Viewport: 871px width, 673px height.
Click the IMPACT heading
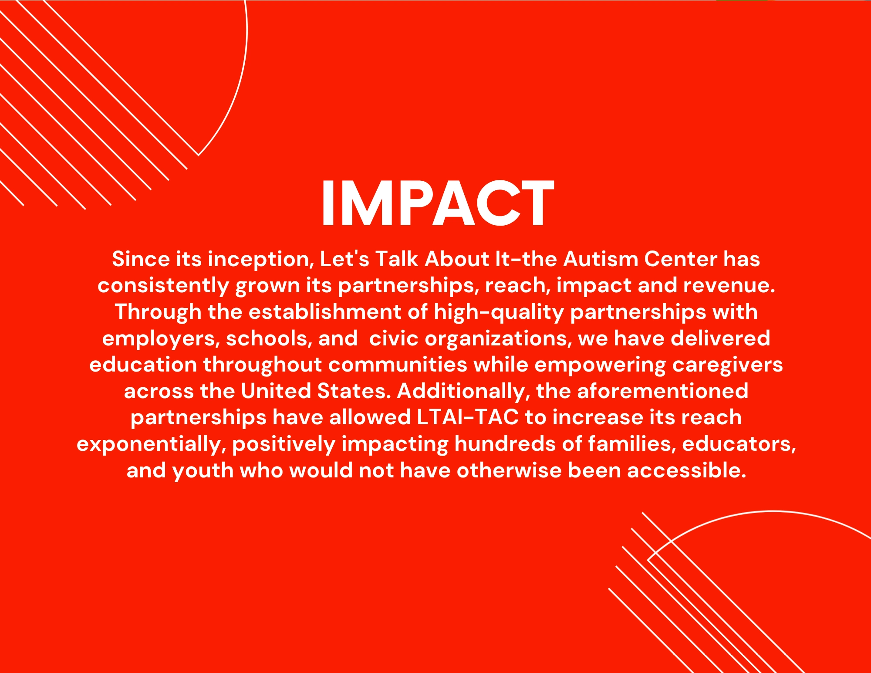(438, 203)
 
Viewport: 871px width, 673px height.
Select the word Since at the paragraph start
(141, 259)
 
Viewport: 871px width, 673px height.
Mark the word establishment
(325, 312)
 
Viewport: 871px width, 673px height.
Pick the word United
(275, 391)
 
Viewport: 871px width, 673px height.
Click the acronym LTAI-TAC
(468, 417)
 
